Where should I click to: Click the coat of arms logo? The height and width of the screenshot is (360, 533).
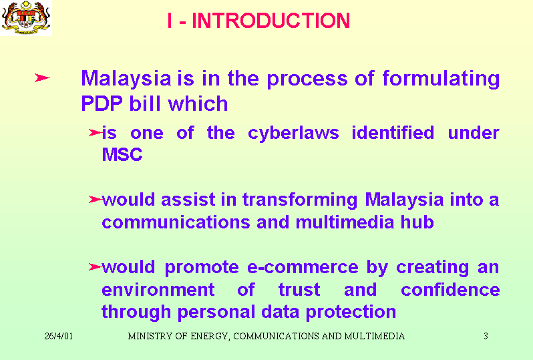click(26, 17)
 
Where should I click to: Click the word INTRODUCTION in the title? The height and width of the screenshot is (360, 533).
click(271, 21)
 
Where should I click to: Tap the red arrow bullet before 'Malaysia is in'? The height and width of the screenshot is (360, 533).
click(42, 78)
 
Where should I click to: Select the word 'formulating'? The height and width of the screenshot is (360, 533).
click(441, 79)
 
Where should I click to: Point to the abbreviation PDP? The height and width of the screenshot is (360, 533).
click(102, 104)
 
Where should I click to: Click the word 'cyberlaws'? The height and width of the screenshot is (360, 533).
click(293, 134)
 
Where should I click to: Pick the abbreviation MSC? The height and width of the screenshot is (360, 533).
click(122, 154)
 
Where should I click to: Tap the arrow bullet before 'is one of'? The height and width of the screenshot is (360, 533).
click(95, 132)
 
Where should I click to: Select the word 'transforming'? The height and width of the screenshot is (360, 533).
click(300, 200)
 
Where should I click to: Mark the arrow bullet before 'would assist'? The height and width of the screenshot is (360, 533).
click(95, 199)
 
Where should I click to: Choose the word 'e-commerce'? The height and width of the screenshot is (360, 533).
click(303, 267)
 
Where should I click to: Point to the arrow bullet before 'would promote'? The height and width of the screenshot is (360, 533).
click(95, 267)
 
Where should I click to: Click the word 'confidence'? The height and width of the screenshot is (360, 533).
click(450, 290)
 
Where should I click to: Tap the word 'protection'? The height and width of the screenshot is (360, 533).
click(351, 313)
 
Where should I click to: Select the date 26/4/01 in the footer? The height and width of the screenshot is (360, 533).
click(59, 336)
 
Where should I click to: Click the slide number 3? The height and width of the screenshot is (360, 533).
click(486, 336)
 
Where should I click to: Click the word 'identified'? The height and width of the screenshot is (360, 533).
click(393, 132)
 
